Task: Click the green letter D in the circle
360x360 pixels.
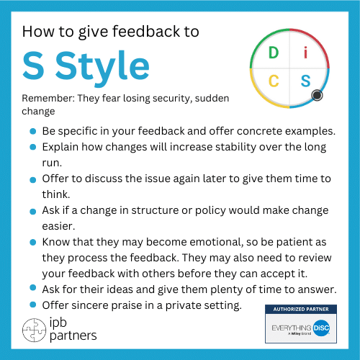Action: pos(273,53)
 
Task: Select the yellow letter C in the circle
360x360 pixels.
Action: pos(274,81)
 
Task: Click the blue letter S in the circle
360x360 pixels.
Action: pos(305,81)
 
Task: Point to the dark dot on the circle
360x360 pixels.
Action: pos(317,95)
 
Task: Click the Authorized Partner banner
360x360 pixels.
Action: pos(296,309)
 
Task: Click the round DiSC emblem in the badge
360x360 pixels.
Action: pos(320,326)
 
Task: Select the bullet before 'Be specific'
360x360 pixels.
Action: pos(34,132)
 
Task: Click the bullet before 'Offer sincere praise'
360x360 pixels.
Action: pos(34,305)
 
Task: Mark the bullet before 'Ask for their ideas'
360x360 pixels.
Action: pos(34,289)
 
